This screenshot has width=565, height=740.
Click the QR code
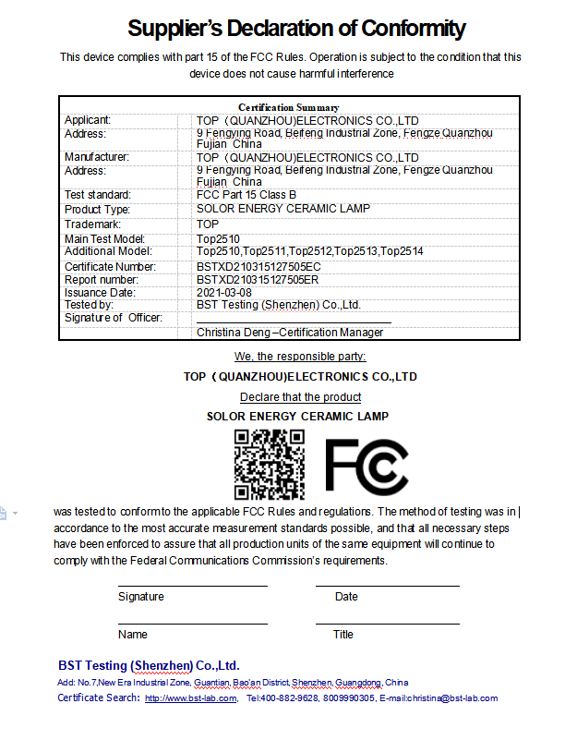pyautogui.click(x=269, y=465)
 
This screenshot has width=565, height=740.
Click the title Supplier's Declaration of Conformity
pyautogui.click(x=296, y=29)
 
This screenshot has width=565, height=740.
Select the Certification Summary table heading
pyautogui.click(x=288, y=108)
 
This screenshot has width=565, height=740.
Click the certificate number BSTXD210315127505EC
pyautogui.click(x=258, y=266)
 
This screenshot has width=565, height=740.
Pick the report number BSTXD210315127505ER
pyautogui.click(x=258, y=279)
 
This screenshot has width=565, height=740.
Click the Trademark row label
pyautogui.click(x=92, y=224)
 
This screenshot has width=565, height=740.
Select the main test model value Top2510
pyautogui.click(x=218, y=239)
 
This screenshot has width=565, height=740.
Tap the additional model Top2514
pyautogui.click(x=403, y=251)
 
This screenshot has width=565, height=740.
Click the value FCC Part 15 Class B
pyautogui.click(x=246, y=195)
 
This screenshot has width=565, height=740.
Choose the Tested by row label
pyautogui.click(x=89, y=305)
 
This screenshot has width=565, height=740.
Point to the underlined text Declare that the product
pyautogui.click(x=300, y=397)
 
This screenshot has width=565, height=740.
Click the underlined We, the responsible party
pyautogui.click(x=300, y=357)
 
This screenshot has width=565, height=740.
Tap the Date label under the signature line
pyautogui.click(x=346, y=597)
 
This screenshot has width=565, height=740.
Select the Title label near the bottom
pyautogui.click(x=343, y=635)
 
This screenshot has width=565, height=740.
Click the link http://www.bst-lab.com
pyautogui.click(x=191, y=698)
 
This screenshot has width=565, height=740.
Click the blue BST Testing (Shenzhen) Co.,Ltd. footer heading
pyautogui.click(x=149, y=665)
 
